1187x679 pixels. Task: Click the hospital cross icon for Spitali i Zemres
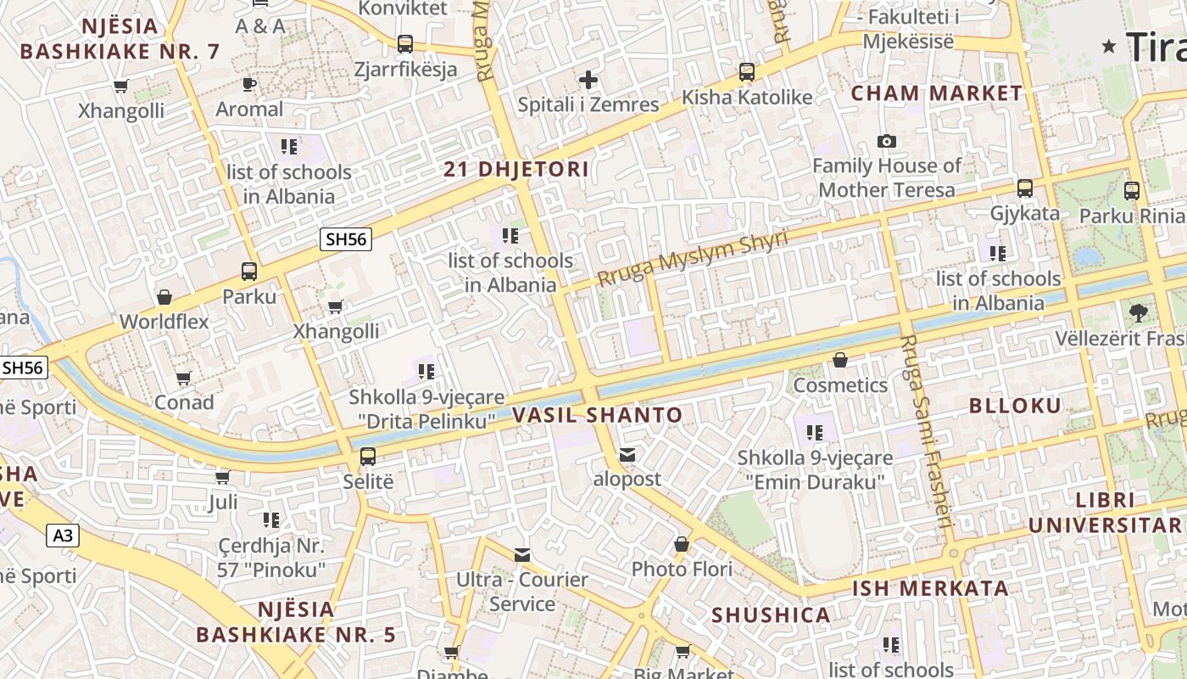point(588,81)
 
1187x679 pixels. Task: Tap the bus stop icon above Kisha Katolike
point(746,72)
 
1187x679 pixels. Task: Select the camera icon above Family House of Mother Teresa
point(887,141)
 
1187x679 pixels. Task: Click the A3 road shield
point(63,536)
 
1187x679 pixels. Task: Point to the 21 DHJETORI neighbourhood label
point(516,169)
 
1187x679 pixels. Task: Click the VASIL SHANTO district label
point(597,415)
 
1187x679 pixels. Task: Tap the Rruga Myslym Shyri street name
point(692,258)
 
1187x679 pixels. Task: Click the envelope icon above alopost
point(627,455)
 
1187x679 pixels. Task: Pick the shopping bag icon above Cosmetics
point(839,361)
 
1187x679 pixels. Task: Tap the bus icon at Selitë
point(368,456)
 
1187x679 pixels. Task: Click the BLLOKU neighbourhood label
point(1015,406)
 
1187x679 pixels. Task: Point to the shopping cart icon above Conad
point(184,378)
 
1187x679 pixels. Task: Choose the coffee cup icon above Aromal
point(248,84)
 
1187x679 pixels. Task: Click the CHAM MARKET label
point(937,93)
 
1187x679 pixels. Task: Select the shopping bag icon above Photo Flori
point(682,544)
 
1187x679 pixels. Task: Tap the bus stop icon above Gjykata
point(1025,188)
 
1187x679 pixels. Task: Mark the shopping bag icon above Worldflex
point(164,297)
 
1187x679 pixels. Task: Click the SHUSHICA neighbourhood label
point(771,615)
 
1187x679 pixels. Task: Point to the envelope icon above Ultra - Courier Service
point(522,555)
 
